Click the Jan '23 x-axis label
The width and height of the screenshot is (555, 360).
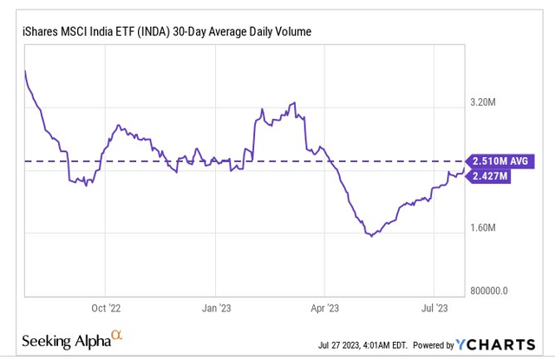pyautogui.click(x=216, y=308)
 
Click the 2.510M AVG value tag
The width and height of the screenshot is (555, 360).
pyautogui.click(x=500, y=161)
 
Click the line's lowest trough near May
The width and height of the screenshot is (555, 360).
pyautogui.click(x=372, y=235)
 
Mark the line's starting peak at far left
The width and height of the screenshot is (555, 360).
pyautogui.click(x=25, y=71)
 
